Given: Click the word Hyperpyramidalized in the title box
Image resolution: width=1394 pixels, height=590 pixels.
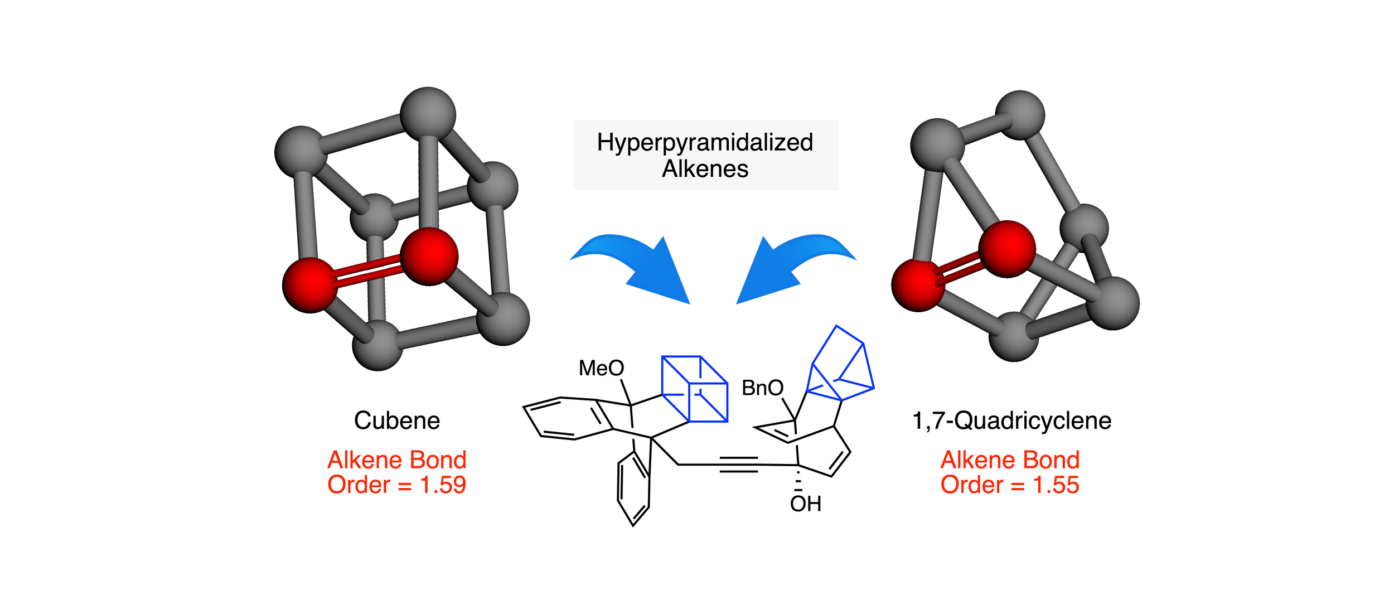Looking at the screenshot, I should pyautogui.click(x=705, y=143).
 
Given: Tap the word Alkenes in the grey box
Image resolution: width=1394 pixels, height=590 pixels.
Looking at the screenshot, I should pyautogui.click(x=705, y=169).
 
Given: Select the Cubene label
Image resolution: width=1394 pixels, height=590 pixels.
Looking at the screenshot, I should pyautogui.click(x=397, y=420).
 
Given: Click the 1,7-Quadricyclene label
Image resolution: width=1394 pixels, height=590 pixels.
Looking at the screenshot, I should pyautogui.click(x=1011, y=420).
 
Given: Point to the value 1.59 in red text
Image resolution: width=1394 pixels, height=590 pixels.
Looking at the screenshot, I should pyautogui.click(x=443, y=485).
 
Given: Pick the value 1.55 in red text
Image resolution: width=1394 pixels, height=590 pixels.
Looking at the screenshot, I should pyautogui.click(x=1056, y=485).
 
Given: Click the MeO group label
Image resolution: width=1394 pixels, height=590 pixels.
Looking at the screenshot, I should pyautogui.click(x=601, y=368).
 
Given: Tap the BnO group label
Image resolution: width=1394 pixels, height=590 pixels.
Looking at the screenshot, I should pyautogui.click(x=762, y=388).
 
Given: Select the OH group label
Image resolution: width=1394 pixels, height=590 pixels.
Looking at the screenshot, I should pyautogui.click(x=805, y=504).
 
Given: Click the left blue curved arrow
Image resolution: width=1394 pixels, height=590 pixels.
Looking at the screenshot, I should pyautogui.click(x=641, y=265).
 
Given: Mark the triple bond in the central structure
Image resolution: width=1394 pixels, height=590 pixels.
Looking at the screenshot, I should pyautogui.click(x=738, y=465).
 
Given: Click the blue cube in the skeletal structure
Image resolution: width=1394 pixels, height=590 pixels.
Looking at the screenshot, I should pyautogui.click(x=695, y=389).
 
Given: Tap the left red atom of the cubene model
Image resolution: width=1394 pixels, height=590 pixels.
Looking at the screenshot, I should pyautogui.click(x=310, y=285).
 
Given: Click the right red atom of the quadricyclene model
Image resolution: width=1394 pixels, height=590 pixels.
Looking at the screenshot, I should pyautogui.click(x=1007, y=249).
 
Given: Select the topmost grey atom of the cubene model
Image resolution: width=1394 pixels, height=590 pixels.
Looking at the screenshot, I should pyautogui.click(x=428, y=114).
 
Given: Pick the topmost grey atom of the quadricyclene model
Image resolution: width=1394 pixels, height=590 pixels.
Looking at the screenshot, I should pyautogui.click(x=1020, y=115).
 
